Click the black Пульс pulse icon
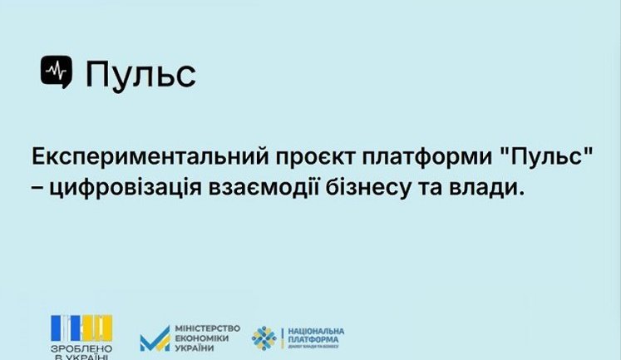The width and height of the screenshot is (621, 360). click(57, 72)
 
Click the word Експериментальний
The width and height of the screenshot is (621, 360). click(131, 158)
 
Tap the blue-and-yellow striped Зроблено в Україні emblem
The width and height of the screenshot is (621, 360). click(81, 327)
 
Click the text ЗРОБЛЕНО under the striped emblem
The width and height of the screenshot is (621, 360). click(81, 348)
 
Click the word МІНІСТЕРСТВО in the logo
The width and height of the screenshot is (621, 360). click(207, 329)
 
